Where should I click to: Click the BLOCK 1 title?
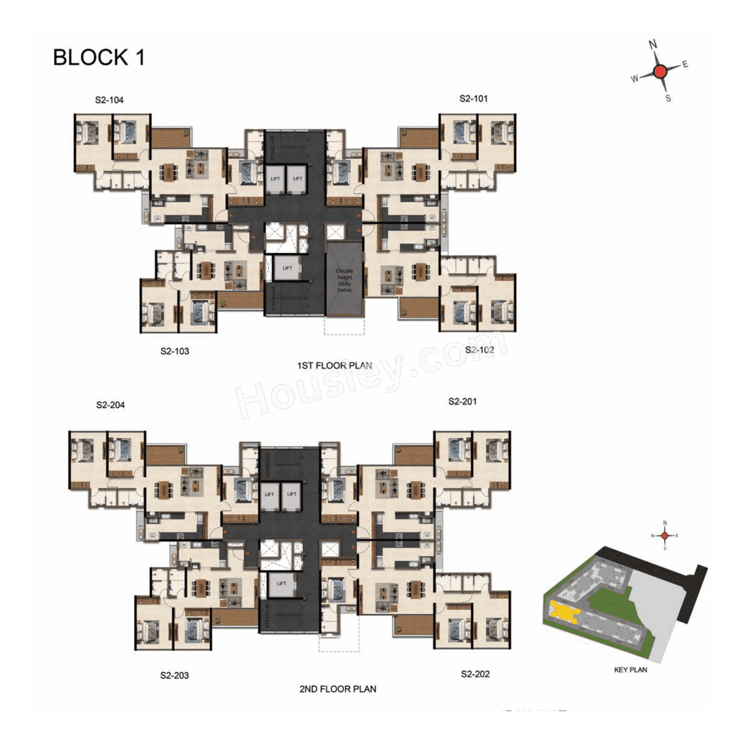(x=99, y=57)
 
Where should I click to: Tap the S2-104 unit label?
(x=109, y=100)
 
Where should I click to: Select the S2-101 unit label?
(x=473, y=99)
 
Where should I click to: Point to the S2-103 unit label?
(x=174, y=351)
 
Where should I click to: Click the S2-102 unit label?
(x=479, y=350)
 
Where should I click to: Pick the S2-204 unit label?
(x=110, y=405)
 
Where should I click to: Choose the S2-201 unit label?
(x=462, y=401)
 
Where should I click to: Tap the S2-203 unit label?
(x=174, y=675)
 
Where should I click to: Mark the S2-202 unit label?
(x=475, y=674)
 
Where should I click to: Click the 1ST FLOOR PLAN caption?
(x=334, y=366)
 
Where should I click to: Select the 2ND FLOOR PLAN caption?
(x=337, y=689)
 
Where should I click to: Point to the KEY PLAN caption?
(x=630, y=670)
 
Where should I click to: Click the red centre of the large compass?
(x=660, y=72)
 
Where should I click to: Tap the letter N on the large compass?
(x=653, y=45)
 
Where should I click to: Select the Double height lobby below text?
(x=344, y=281)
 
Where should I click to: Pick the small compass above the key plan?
(x=665, y=536)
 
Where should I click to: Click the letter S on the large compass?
(x=668, y=99)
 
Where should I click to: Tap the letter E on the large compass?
(x=685, y=64)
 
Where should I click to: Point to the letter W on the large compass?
(x=634, y=79)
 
